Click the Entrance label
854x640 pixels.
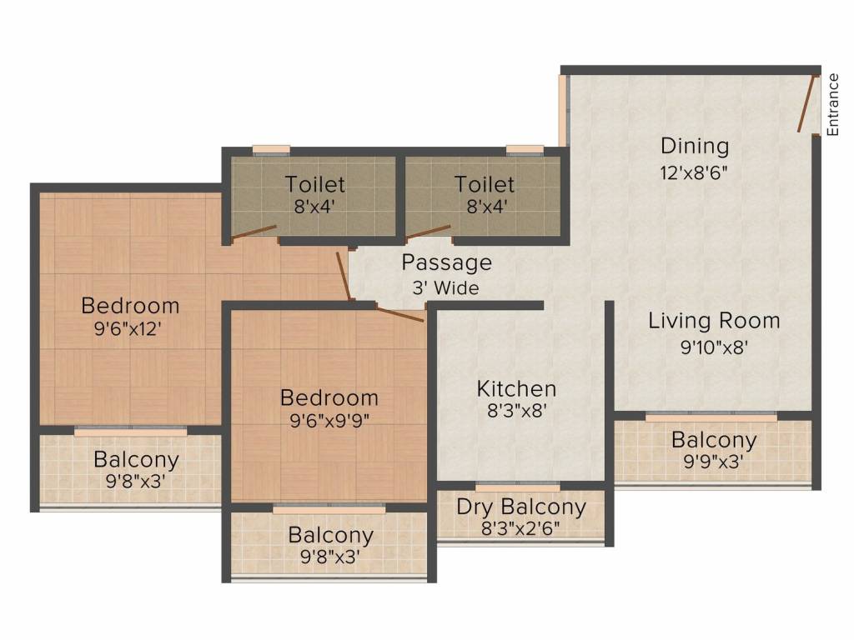coord(833,104)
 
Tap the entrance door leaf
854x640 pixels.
coord(806,103)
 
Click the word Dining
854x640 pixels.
coord(695,146)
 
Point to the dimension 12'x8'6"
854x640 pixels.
coord(694,173)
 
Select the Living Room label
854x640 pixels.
coord(714,321)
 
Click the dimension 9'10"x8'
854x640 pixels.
coord(714,347)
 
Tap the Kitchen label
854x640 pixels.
coord(516,388)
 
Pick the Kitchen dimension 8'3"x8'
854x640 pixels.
coord(516,411)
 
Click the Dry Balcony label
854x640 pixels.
coord(521,507)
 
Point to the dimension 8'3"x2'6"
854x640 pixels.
coord(520,527)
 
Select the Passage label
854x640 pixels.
coord(447,262)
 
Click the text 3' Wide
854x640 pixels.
coord(445,287)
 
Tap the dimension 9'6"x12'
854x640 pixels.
coord(129,328)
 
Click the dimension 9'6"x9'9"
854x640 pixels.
coord(329,421)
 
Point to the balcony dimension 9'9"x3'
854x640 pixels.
coord(714,462)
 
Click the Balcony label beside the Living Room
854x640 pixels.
coord(714,440)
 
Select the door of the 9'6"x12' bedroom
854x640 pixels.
coord(343,275)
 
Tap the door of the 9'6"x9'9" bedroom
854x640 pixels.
coord(399,314)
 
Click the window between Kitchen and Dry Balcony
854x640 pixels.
coord(517,486)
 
